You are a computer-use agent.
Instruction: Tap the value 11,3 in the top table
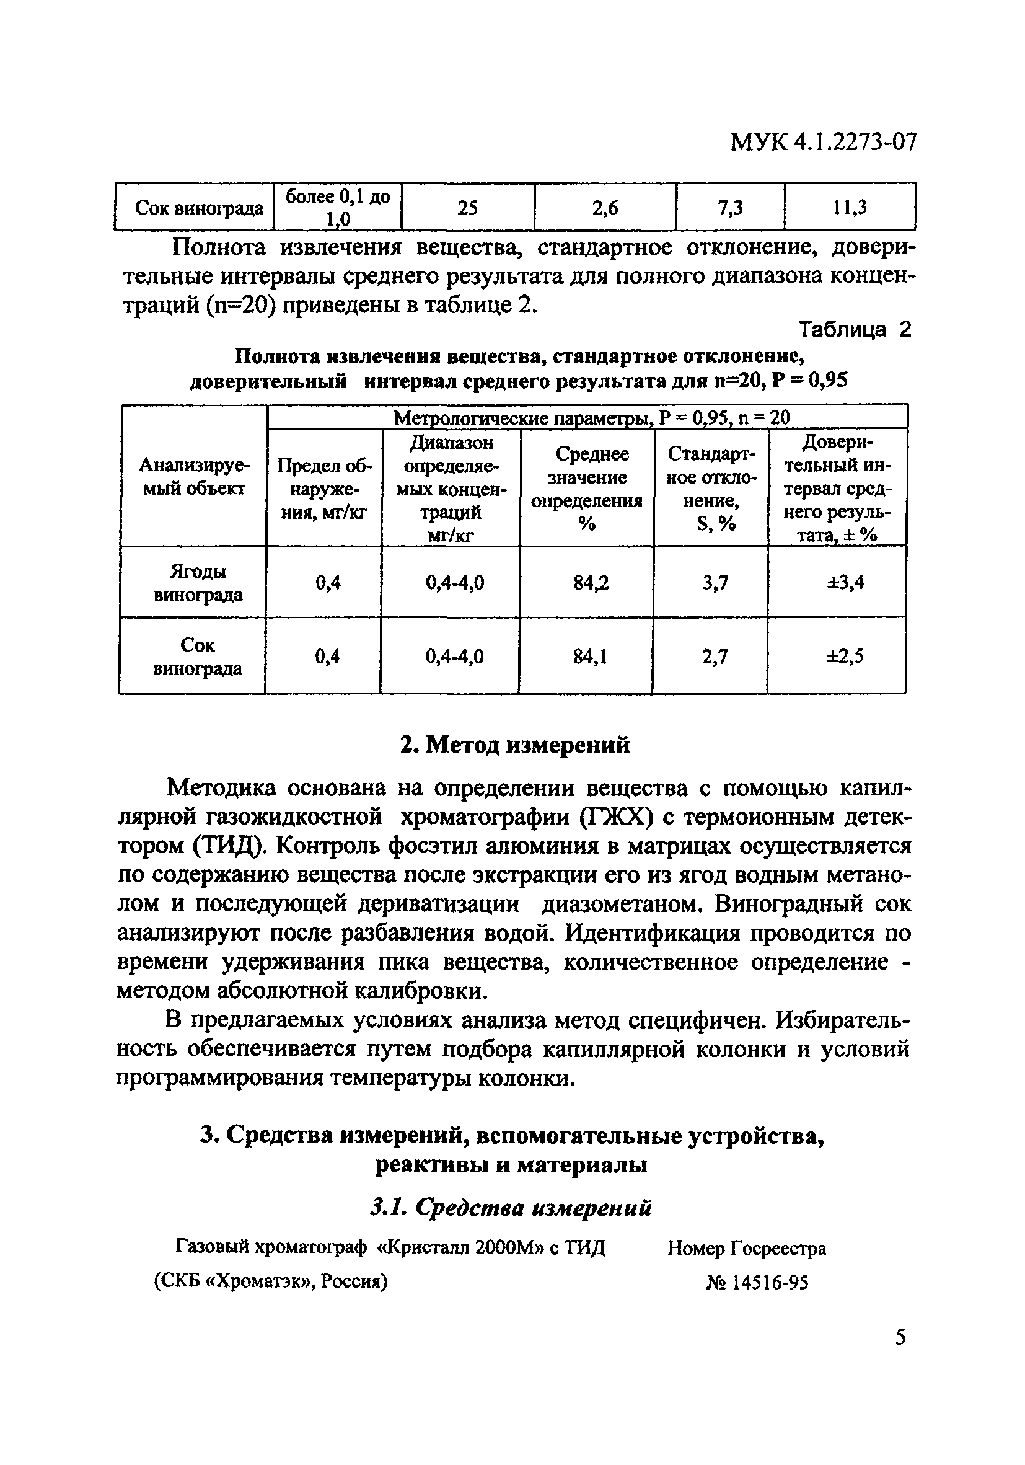pos(850,207)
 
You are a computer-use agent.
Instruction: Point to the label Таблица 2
pos(855,330)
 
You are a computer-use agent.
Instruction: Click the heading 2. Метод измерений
pos(515,745)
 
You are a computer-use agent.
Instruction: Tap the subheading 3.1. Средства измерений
pos(511,1207)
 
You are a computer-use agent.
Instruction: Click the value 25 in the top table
pos(467,207)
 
